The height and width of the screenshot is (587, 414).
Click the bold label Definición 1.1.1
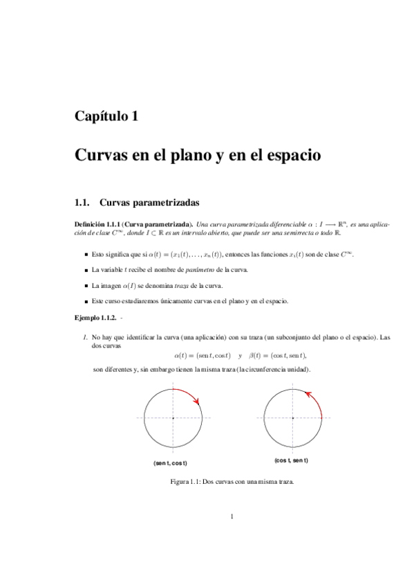tap(101, 224)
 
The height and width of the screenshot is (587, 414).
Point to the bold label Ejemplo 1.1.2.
tap(96, 319)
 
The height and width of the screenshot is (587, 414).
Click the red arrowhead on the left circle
tap(198, 401)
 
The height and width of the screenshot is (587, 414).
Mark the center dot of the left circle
tap(173, 418)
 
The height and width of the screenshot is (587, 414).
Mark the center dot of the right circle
tap(292, 418)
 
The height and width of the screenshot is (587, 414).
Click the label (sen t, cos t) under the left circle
tap(171, 462)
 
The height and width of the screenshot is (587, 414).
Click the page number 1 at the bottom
tap(233, 516)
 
